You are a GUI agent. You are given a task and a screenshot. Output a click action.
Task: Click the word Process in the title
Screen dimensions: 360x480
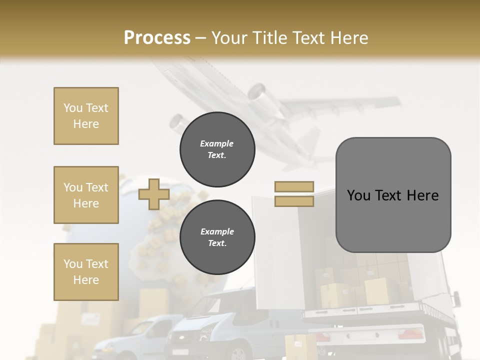(157, 37)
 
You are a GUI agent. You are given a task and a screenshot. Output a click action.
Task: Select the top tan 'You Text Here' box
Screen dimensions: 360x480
(86, 116)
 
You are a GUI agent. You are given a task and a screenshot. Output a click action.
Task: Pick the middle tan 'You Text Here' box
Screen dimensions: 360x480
(86, 195)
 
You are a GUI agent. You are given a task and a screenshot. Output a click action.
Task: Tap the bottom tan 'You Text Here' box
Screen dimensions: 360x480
(86, 271)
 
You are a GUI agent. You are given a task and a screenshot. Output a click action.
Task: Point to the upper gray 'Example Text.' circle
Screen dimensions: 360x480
(217, 149)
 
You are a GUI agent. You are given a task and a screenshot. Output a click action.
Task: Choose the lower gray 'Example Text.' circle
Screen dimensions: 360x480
(217, 237)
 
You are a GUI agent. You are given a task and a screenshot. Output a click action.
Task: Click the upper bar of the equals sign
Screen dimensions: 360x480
(294, 187)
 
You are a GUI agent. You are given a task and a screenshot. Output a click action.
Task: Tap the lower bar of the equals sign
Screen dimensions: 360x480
(294, 201)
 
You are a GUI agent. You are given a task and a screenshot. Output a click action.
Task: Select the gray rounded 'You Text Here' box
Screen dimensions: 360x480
(393, 195)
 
